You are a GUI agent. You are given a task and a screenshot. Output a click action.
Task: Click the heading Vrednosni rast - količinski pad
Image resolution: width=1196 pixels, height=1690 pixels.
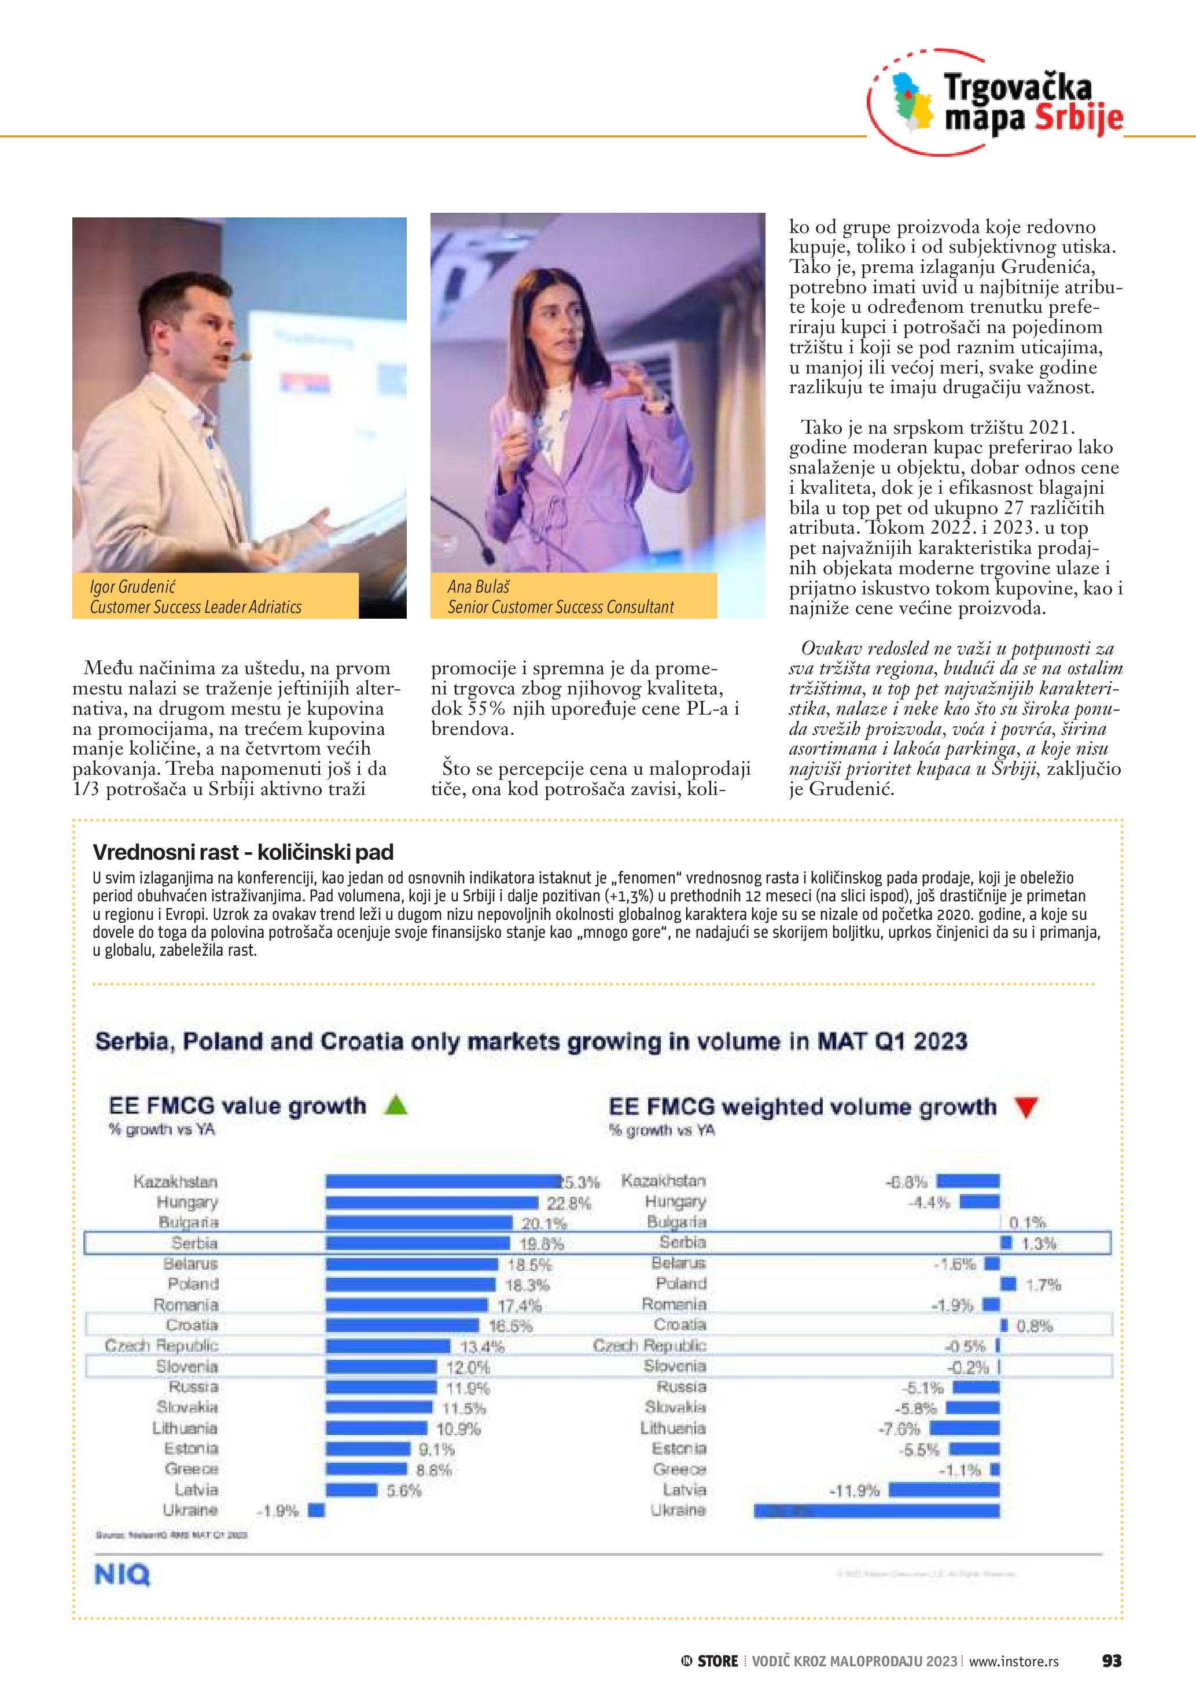tap(243, 852)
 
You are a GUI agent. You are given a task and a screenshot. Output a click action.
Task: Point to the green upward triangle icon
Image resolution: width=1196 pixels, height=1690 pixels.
tap(396, 1105)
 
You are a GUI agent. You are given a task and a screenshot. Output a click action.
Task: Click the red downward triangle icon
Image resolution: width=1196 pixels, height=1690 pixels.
tap(1025, 1106)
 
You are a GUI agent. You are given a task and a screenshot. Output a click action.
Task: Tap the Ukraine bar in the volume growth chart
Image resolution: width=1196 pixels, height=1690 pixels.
tap(877, 1510)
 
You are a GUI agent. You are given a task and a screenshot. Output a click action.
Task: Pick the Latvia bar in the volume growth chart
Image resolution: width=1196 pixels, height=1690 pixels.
tap(944, 1490)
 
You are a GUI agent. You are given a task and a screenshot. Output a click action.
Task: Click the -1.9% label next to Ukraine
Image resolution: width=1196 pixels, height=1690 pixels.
tap(278, 1511)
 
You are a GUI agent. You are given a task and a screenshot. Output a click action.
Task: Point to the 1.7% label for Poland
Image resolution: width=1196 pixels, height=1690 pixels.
tap(1043, 1285)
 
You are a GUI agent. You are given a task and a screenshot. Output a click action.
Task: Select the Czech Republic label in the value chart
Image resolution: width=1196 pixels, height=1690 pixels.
tap(161, 1345)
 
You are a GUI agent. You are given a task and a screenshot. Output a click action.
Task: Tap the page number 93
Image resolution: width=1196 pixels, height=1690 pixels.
tap(1112, 1661)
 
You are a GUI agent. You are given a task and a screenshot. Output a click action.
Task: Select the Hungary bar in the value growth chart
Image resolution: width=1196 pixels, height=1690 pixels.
tap(432, 1203)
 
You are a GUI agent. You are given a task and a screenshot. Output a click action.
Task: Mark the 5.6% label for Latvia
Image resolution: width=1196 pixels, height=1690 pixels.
tap(403, 1491)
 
